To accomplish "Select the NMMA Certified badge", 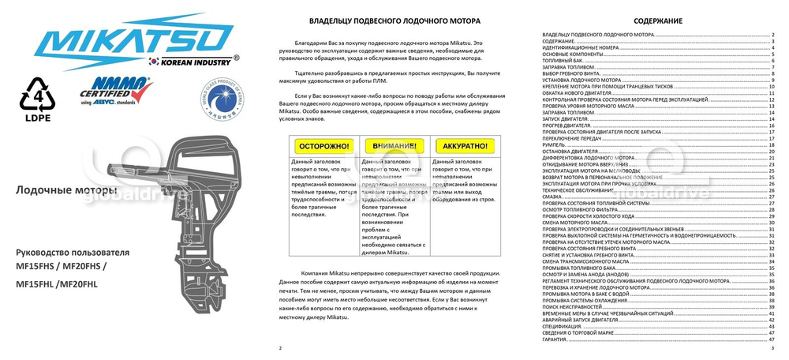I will tap(117, 95).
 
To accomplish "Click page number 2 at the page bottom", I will tap(280, 347).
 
